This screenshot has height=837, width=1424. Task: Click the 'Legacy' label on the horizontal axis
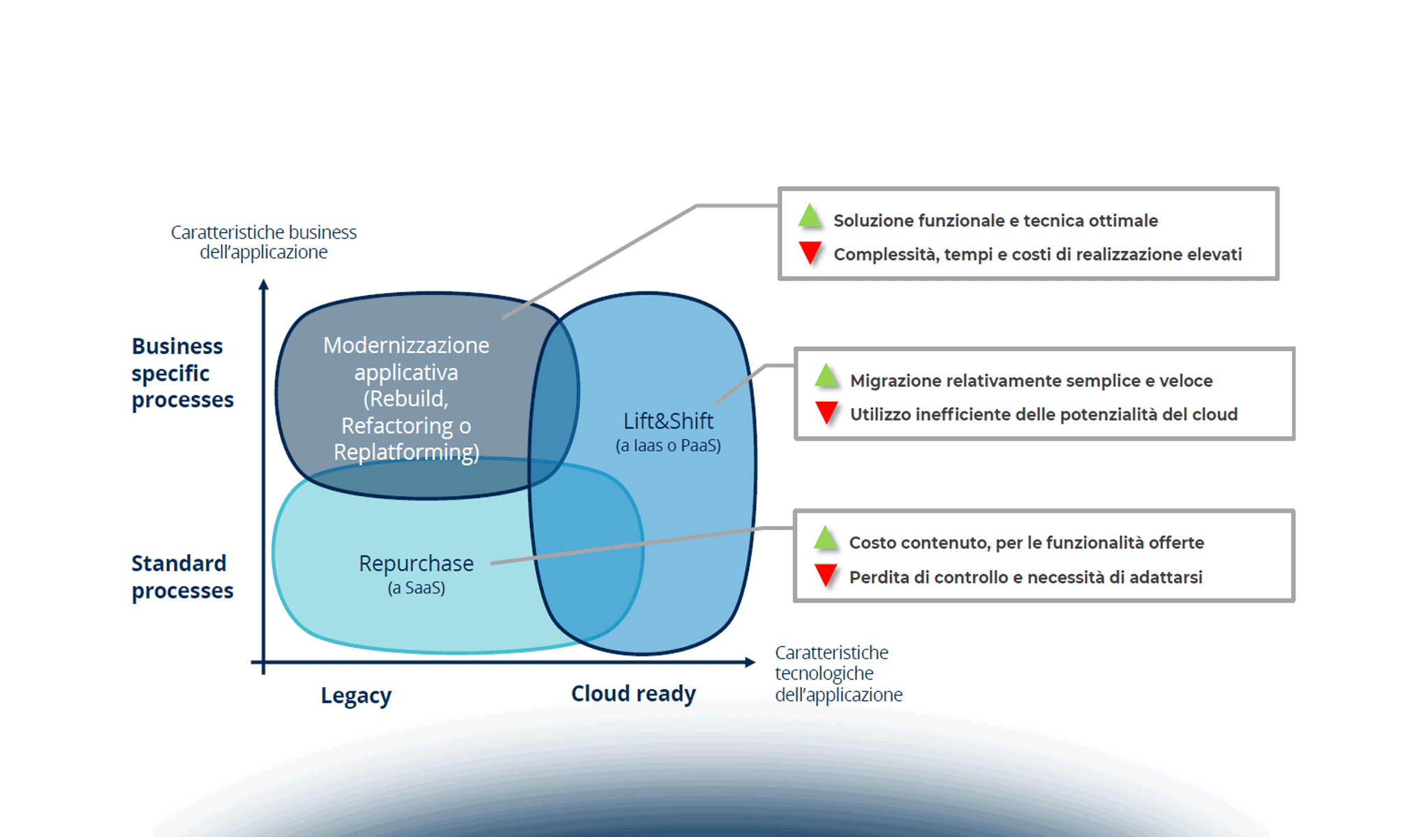click(x=356, y=695)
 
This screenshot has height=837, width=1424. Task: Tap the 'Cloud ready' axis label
click(x=633, y=694)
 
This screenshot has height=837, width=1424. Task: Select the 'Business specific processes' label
click(x=181, y=373)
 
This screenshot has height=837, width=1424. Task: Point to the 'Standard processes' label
click(x=181, y=577)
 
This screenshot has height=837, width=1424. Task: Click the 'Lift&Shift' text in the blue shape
click(x=668, y=421)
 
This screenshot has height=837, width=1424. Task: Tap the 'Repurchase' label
click(x=416, y=564)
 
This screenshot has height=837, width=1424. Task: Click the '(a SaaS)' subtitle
click(x=416, y=588)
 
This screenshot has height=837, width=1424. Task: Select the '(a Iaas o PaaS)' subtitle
click(x=668, y=446)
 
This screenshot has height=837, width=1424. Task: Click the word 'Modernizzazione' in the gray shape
click(x=406, y=345)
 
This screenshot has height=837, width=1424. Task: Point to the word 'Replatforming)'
click(x=406, y=453)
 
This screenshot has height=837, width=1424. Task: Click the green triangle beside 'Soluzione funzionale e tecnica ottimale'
click(x=810, y=216)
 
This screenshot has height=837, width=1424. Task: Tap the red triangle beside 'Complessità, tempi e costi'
click(x=810, y=252)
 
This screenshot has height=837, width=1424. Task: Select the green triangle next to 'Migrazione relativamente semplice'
click(x=826, y=376)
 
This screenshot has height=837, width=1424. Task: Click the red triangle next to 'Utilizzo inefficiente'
click(x=826, y=412)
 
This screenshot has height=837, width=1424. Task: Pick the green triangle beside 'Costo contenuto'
click(x=825, y=538)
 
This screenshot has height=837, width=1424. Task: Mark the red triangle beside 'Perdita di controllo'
click(x=826, y=575)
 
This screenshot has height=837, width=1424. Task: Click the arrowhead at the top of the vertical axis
click(x=263, y=284)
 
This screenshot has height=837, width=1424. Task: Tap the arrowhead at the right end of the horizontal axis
click(x=750, y=662)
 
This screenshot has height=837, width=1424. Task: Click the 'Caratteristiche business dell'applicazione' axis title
click(x=263, y=242)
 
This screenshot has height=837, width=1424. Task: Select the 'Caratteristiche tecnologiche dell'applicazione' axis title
click(x=838, y=674)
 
